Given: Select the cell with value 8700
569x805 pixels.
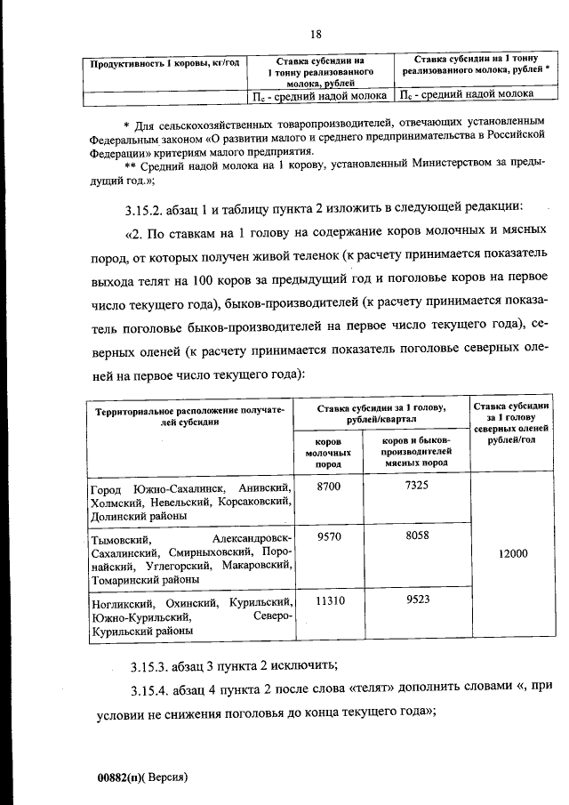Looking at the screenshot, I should point(328,487).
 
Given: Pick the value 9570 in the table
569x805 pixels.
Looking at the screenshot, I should point(328,537).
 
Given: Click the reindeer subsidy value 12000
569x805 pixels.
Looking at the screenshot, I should point(513,552).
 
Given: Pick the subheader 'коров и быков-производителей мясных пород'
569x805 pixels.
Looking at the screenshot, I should point(416,451).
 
